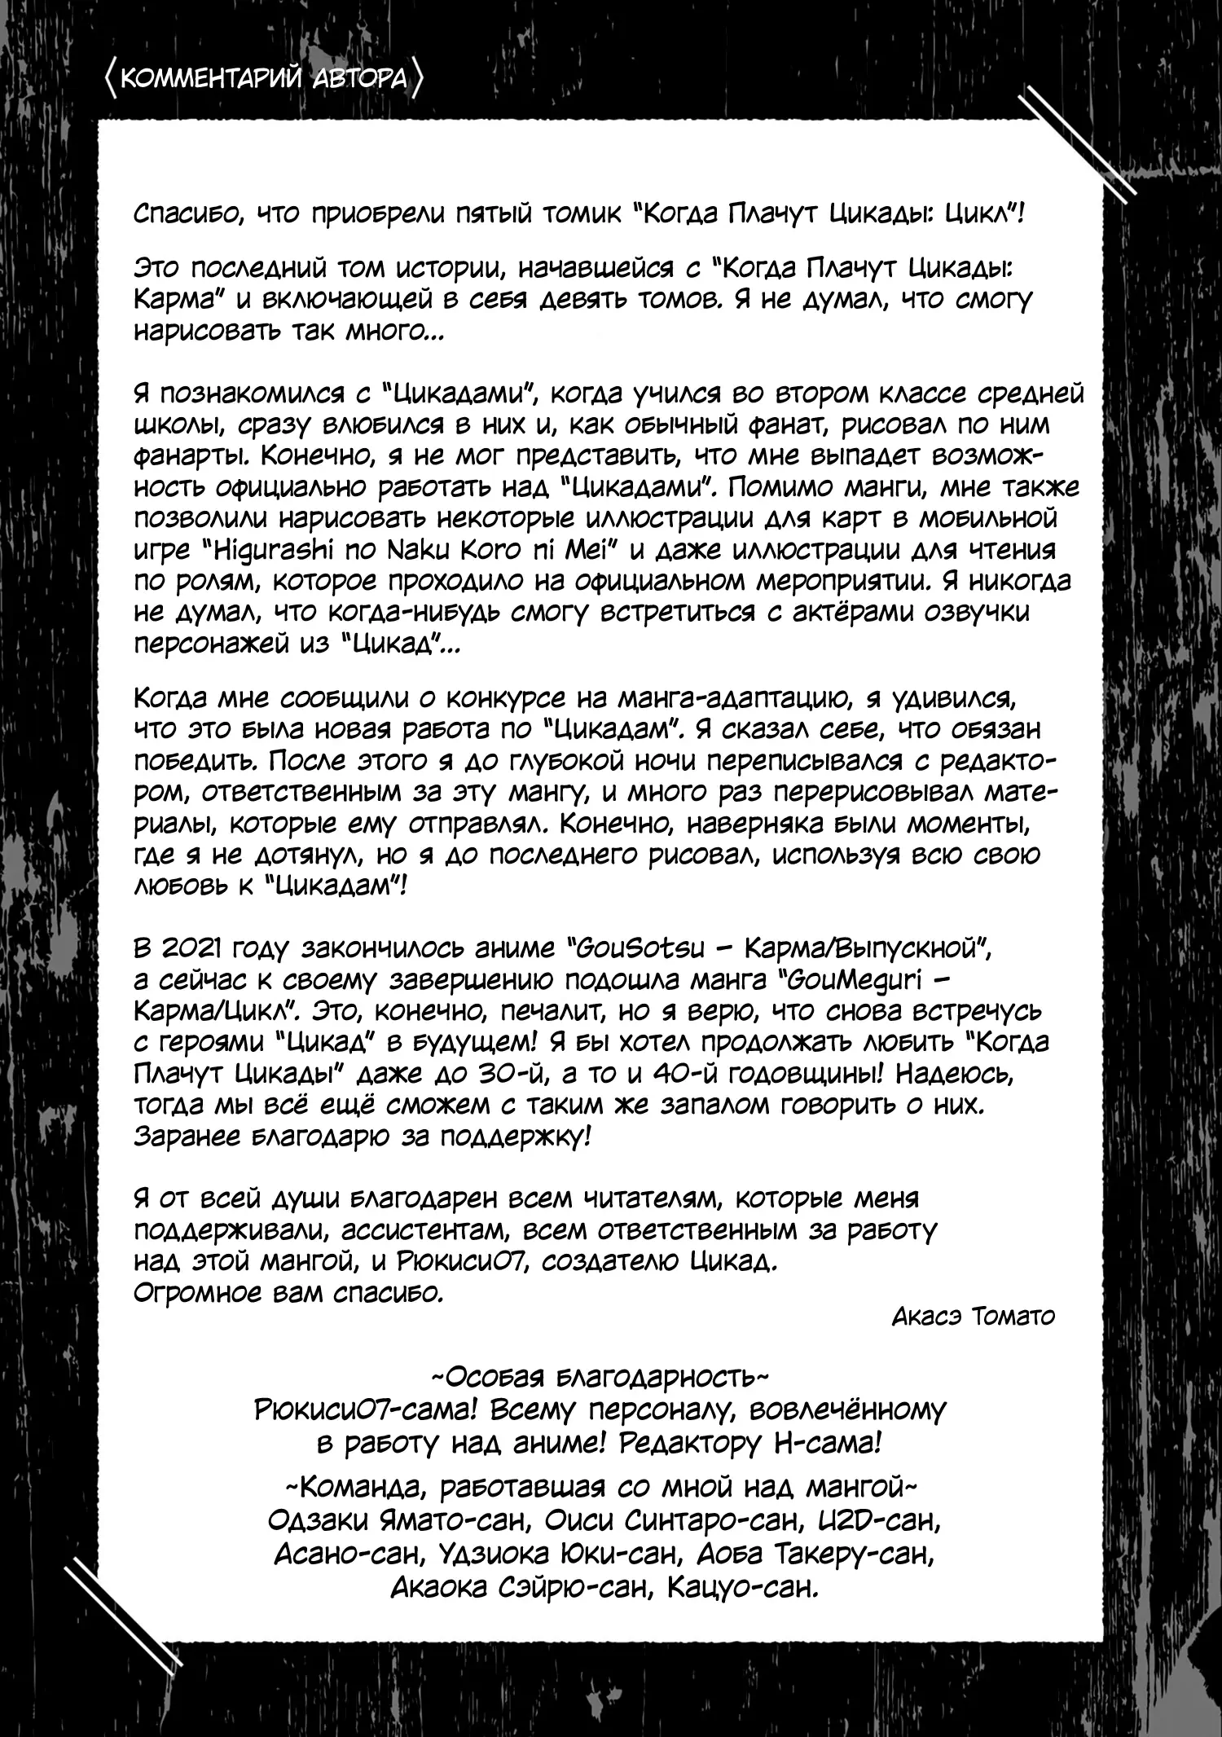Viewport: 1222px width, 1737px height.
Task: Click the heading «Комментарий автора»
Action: [265, 79]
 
